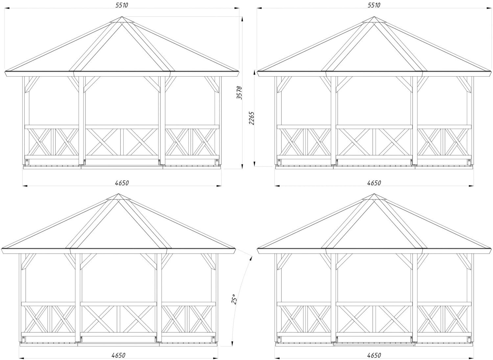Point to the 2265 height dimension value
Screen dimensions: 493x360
coord(251,118)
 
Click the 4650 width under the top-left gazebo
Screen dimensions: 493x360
coord(122,183)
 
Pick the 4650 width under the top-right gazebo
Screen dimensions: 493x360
coord(374,183)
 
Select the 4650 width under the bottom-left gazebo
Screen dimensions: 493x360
coord(118,355)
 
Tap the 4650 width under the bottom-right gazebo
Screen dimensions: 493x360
coord(374,355)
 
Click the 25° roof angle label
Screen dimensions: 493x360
coord(234,300)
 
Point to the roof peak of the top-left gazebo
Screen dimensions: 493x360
coord(122,17)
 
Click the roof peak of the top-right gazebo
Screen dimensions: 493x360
coord(374,17)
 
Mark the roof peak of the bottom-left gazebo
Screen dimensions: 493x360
coord(118,194)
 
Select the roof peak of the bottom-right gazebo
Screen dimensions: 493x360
coord(374,194)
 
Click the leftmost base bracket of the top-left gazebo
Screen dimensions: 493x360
coord(27,161)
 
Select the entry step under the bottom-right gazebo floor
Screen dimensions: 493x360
coord(374,345)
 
